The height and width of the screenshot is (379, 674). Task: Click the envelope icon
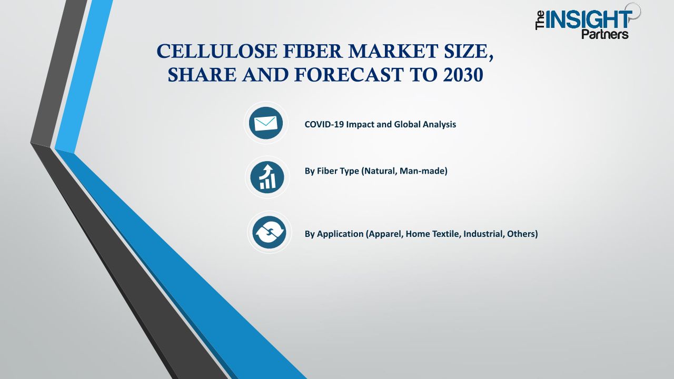click(x=266, y=123)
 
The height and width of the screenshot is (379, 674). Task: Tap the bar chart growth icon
click(x=267, y=177)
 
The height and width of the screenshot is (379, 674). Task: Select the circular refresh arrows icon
click(x=269, y=232)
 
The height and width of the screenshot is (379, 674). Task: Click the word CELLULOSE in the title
click(x=216, y=51)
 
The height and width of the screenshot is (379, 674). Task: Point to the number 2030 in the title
click(x=463, y=75)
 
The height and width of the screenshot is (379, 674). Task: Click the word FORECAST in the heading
click(x=349, y=75)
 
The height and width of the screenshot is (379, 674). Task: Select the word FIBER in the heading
click(x=313, y=51)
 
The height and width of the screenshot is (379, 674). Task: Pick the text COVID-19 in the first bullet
click(x=324, y=124)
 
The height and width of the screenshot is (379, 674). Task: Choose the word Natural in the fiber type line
click(x=380, y=171)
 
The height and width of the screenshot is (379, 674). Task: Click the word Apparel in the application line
click(x=385, y=234)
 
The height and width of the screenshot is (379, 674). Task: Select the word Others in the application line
click(x=521, y=234)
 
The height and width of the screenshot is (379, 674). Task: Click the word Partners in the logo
click(x=605, y=34)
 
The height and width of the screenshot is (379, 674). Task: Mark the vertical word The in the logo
click(x=540, y=21)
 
